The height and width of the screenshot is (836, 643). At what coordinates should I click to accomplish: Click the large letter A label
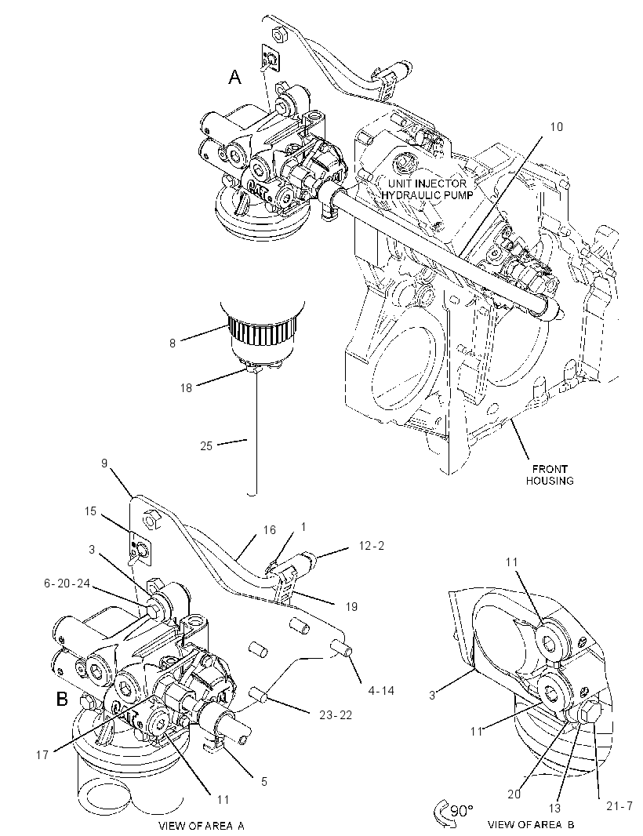click(234, 78)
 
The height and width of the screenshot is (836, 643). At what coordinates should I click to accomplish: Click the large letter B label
click(63, 699)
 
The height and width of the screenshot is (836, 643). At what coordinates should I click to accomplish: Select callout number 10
click(556, 127)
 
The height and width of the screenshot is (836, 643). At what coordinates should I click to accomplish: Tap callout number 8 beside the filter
click(173, 343)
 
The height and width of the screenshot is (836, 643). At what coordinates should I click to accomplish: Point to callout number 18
click(186, 388)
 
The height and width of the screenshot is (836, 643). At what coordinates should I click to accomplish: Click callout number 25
click(206, 445)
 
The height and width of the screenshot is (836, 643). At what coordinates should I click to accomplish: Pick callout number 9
click(104, 463)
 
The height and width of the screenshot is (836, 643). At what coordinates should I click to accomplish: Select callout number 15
click(90, 511)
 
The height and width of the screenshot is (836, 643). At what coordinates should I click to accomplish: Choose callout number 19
click(351, 607)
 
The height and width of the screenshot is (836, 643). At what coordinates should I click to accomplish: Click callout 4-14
click(380, 690)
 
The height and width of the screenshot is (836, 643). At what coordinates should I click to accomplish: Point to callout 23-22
click(335, 715)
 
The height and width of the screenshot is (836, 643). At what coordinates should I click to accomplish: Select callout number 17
click(42, 754)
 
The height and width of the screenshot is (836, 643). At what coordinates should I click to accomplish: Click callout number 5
click(264, 782)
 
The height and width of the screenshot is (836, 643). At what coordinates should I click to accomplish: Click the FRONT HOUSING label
click(550, 474)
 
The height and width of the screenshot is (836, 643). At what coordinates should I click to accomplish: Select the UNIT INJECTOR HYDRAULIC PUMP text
click(427, 189)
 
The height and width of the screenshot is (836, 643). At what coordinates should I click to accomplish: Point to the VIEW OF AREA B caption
click(531, 825)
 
